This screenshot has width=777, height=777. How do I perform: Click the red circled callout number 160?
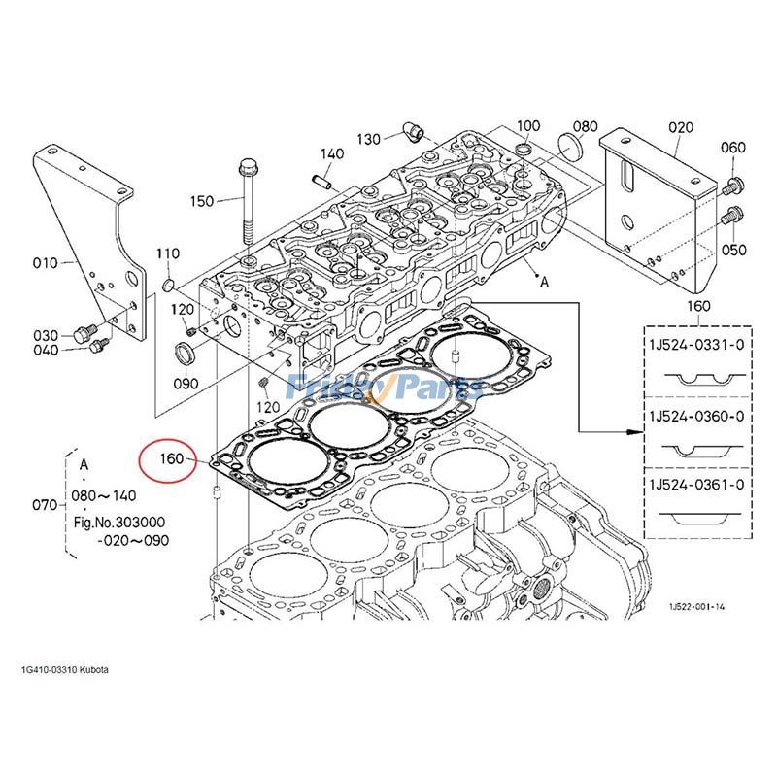point(171,457)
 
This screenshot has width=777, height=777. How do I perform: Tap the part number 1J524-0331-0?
point(696,345)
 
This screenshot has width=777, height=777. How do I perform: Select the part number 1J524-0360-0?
point(696,416)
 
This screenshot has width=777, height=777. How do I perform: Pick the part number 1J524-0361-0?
point(696,484)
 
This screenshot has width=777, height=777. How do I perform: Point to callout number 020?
point(682,127)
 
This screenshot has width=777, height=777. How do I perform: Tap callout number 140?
point(332,154)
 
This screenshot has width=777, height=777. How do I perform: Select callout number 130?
point(368,139)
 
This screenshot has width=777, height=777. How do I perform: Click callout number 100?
point(527,126)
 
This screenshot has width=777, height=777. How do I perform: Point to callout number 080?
point(585,127)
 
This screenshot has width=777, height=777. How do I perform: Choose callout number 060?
point(732,148)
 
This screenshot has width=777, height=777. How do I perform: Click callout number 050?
point(733,250)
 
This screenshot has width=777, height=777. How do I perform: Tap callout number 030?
point(46,335)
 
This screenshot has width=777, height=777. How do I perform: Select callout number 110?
point(168,254)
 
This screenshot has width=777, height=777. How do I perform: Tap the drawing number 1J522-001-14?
point(695,607)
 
